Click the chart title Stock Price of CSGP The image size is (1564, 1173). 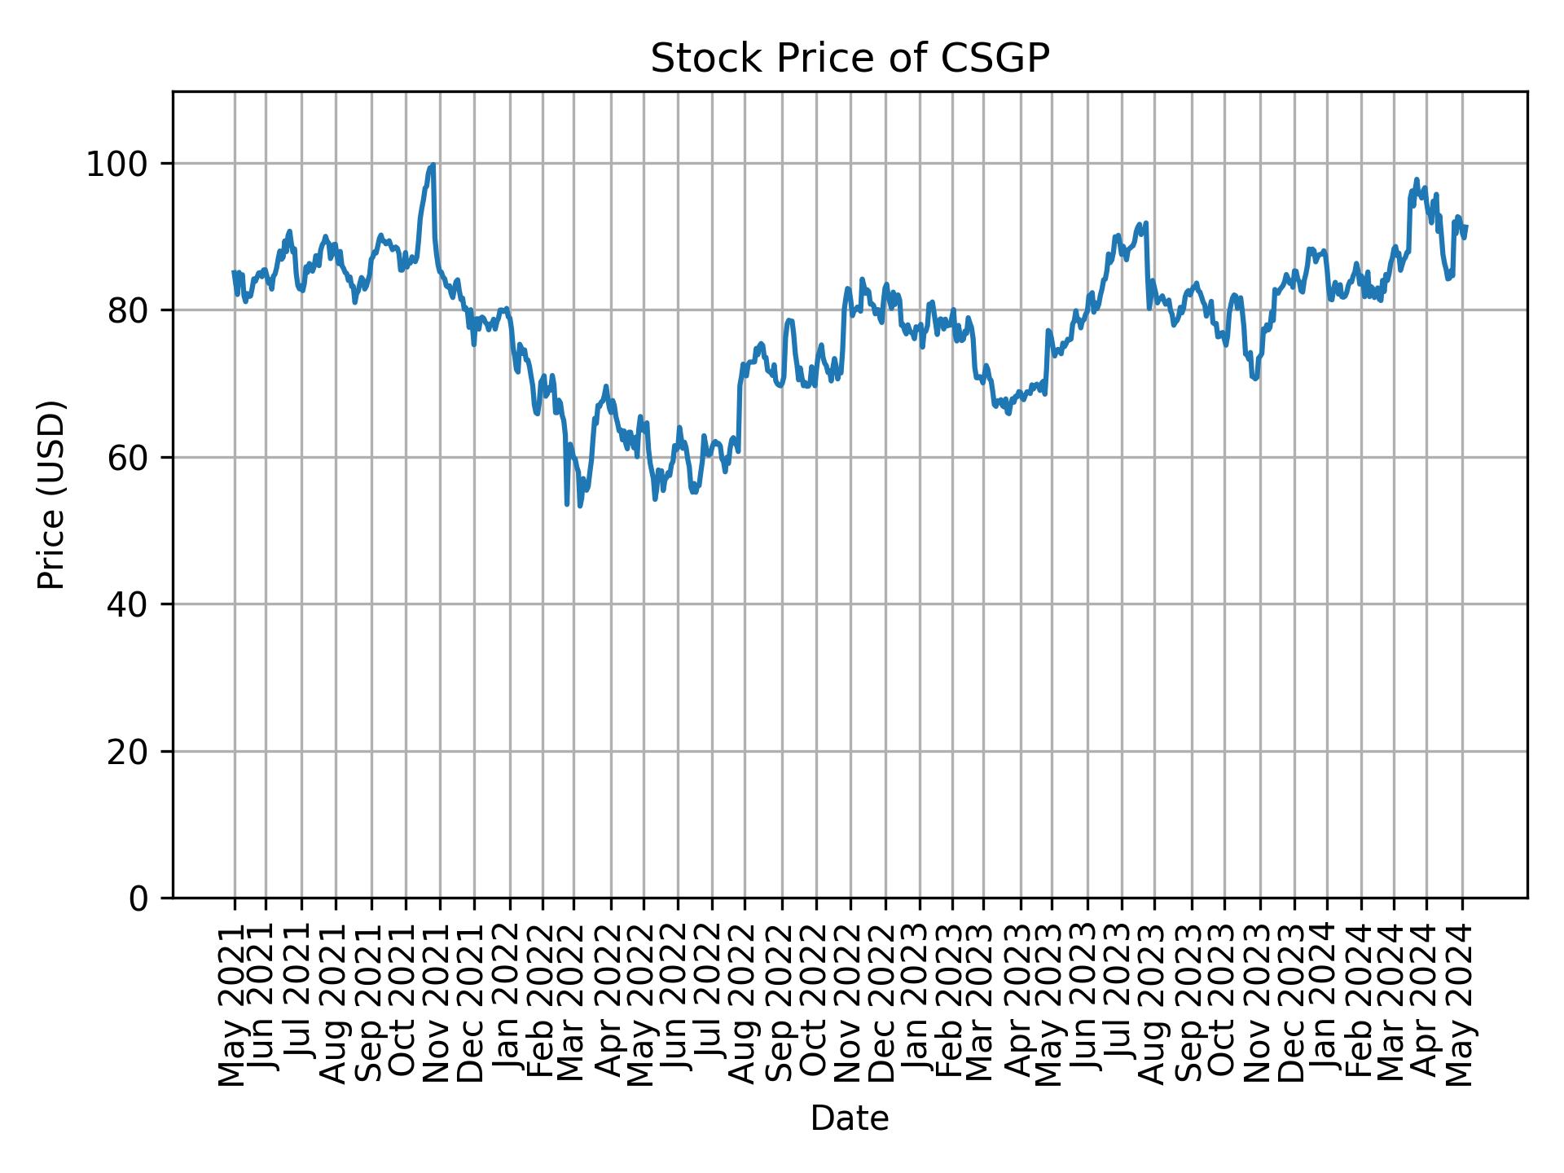[850, 59]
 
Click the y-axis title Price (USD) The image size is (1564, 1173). [51, 494]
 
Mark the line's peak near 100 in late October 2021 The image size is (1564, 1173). [433, 165]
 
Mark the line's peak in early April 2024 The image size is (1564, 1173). [1417, 179]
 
